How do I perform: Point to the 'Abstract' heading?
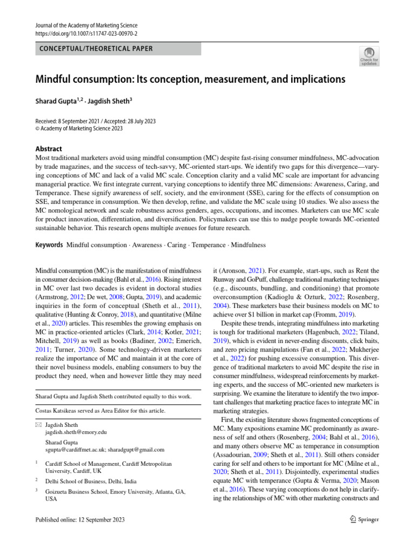(x=49, y=149)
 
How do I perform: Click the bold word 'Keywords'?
(x=49, y=245)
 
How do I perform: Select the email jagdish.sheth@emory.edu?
(x=76, y=432)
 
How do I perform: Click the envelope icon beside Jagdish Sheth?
(x=38, y=425)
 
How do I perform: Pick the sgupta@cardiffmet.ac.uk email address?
(x=74, y=449)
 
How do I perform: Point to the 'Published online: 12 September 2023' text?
(x=80, y=520)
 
